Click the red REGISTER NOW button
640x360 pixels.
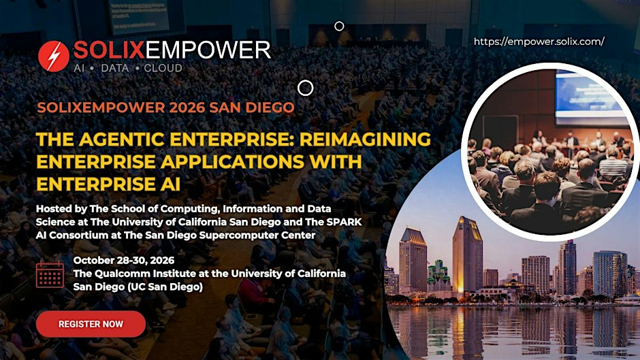pyautogui.click(x=91, y=324)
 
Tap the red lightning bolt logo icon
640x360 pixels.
pyautogui.click(x=54, y=56)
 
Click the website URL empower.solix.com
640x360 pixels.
pyautogui.click(x=539, y=42)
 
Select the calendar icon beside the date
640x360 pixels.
pyautogui.click(x=50, y=274)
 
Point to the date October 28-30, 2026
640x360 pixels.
pyautogui.click(x=124, y=261)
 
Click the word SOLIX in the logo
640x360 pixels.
pyautogui.click(x=110, y=50)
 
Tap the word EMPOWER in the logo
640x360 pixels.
pyautogui.click(x=208, y=50)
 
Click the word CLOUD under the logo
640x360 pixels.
pyautogui.click(x=163, y=68)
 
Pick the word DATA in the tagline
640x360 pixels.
pyautogui.click(x=114, y=68)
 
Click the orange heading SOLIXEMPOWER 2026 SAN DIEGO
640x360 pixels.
pyautogui.click(x=165, y=108)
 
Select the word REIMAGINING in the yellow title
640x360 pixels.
pyautogui.click(x=365, y=140)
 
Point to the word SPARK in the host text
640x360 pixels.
pyautogui.click(x=344, y=222)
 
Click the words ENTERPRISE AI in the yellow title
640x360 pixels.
pyautogui.click(x=108, y=184)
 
